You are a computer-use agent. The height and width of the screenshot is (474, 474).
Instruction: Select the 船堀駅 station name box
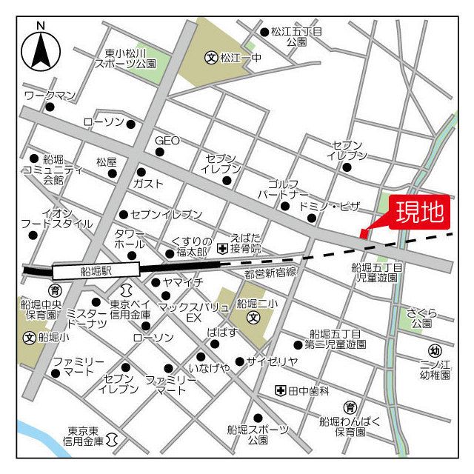pos(96,272)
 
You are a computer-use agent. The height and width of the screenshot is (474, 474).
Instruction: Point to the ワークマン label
pos(50,96)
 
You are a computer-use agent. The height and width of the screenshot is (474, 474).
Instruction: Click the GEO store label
pos(167,141)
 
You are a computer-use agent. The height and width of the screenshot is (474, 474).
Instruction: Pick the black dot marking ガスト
pos(141,172)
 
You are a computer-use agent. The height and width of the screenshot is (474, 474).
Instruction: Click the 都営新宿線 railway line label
pos(270,273)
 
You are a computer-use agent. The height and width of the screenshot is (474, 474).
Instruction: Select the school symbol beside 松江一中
pos(211,56)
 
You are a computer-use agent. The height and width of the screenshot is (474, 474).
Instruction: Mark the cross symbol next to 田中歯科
pos(280,390)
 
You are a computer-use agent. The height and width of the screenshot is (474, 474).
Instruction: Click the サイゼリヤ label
pos(273,361)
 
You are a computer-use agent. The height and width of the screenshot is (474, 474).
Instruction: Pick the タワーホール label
pos(130,238)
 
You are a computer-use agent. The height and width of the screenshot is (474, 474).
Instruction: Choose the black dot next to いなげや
pos(200,356)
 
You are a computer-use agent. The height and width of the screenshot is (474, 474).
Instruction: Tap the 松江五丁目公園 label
pos(297,37)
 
